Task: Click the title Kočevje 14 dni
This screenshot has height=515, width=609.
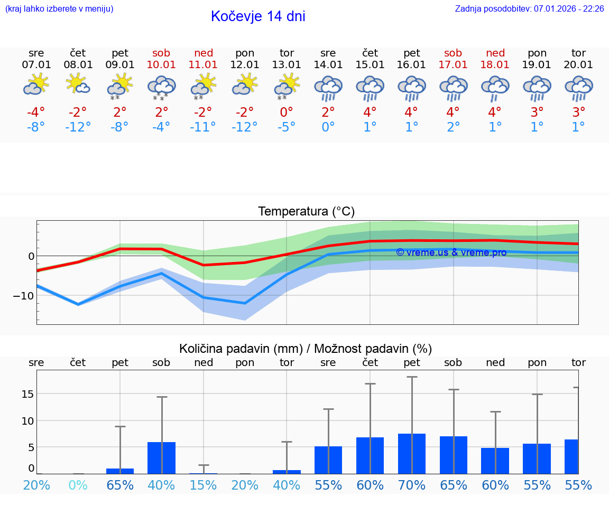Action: [258, 16]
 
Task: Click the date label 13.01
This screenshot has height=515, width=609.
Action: [287, 65]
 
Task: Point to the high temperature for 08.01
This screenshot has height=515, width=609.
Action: [78, 112]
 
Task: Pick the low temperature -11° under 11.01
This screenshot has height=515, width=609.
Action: [204, 127]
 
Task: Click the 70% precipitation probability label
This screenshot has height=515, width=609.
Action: [412, 485]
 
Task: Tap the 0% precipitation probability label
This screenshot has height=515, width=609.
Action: [78, 485]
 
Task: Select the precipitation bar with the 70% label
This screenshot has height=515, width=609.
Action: [412, 454]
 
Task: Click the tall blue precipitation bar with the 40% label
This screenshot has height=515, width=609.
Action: [162, 458]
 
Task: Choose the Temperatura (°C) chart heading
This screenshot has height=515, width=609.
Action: [306, 212]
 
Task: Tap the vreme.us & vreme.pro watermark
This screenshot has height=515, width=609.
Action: [451, 252]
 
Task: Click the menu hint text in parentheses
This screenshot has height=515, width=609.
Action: [59, 9]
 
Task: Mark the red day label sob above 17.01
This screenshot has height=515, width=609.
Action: [453, 53]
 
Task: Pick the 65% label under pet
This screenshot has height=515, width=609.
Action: [120, 485]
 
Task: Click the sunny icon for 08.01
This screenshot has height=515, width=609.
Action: [78, 85]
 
